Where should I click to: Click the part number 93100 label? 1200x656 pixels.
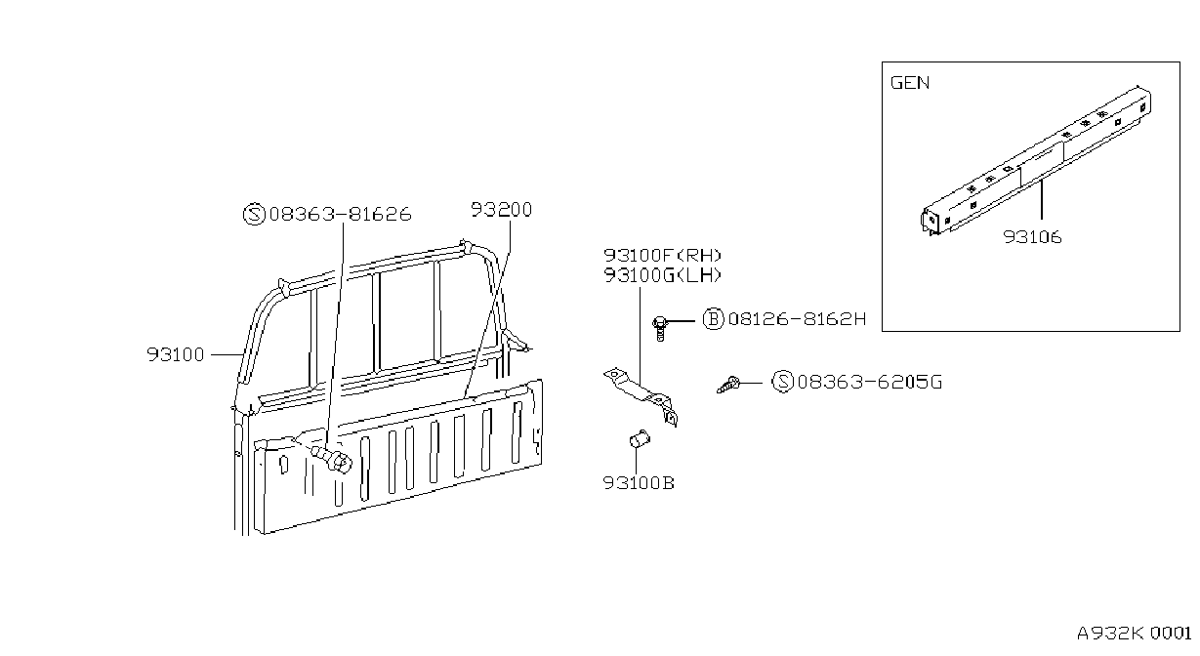[176, 354]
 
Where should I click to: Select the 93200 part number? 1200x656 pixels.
[502, 210]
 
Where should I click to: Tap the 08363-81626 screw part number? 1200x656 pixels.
[340, 214]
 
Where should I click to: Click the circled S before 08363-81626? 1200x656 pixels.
[254, 214]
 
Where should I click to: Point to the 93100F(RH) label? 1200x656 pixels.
[663, 256]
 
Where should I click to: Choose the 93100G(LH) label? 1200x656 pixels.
[663, 276]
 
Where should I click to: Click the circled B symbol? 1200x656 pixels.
[713, 319]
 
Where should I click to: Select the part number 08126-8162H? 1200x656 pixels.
[797, 319]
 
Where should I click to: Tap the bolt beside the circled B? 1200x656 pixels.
[660, 328]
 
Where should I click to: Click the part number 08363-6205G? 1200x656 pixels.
[869, 382]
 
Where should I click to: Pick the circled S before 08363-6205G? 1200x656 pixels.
[783, 382]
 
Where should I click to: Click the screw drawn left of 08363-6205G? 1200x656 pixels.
[728, 385]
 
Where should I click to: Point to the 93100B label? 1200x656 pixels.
[639, 483]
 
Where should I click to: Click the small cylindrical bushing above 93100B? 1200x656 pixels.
[640, 439]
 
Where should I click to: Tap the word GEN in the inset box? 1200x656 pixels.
[910, 82]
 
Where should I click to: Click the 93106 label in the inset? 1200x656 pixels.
[1032, 236]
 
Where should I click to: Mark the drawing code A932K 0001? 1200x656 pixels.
[1134, 634]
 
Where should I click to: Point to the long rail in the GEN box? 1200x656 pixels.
[1036, 160]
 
